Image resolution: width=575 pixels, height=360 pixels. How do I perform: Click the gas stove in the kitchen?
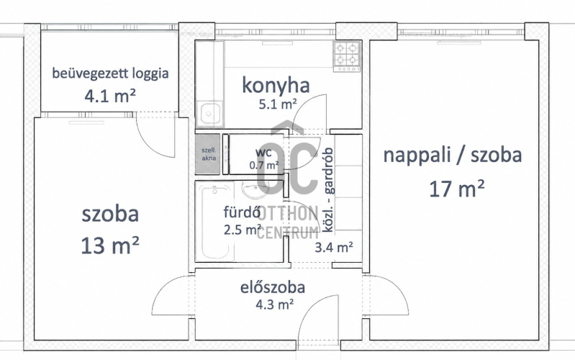click(x=347, y=56)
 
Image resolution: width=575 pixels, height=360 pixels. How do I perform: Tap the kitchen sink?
click(x=209, y=113)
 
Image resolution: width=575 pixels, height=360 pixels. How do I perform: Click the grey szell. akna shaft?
click(x=208, y=154)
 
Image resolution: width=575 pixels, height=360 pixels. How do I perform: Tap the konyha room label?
click(x=276, y=85)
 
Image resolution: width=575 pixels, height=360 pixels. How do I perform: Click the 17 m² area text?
click(x=457, y=189)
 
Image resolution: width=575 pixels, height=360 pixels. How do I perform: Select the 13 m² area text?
click(x=110, y=245)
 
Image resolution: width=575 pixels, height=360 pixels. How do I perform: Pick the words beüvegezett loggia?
click(x=110, y=73)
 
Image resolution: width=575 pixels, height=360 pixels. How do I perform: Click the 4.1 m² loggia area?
click(x=110, y=96)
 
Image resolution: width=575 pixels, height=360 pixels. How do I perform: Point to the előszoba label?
click(x=273, y=287)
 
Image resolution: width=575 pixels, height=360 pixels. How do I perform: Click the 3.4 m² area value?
click(x=334, y=247)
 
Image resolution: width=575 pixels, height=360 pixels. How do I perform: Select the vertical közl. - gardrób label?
click(x=329, y=190)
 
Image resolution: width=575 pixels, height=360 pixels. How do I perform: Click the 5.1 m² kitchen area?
click(x=278, y=104)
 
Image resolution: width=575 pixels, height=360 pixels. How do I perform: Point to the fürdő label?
click(x=242, y=212)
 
